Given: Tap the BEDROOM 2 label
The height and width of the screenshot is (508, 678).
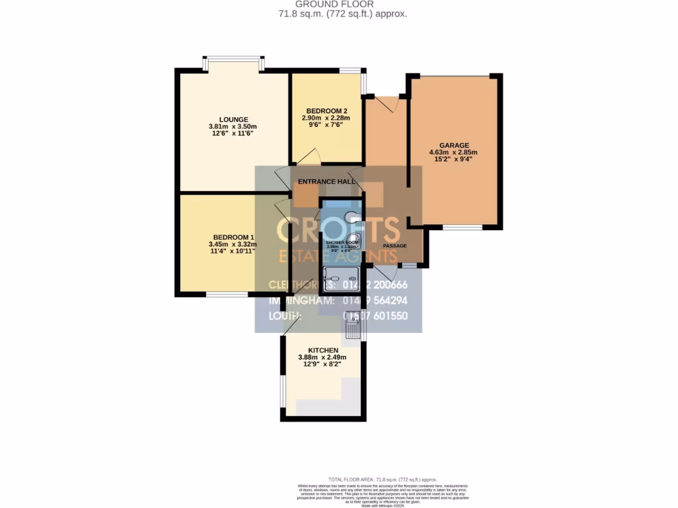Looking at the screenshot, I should (x=327, y=111).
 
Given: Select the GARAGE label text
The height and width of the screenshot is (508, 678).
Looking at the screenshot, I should (x=454, y=146).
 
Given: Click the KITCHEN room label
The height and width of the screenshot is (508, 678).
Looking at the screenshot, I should (x=323, y=350).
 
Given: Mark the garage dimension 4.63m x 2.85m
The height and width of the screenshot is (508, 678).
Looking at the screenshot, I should (x=454, y=152).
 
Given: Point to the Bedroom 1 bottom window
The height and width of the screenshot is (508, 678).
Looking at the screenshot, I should (x=227, y=293).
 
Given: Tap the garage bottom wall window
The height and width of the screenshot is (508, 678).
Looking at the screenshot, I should (x=462, y=228).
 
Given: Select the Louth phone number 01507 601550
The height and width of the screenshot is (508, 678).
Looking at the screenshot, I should (x=383, y=316).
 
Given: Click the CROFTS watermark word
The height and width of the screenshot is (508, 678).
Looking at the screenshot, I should (x=338, y=230).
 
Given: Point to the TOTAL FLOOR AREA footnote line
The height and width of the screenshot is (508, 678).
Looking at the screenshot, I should (x=383, y=479).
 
